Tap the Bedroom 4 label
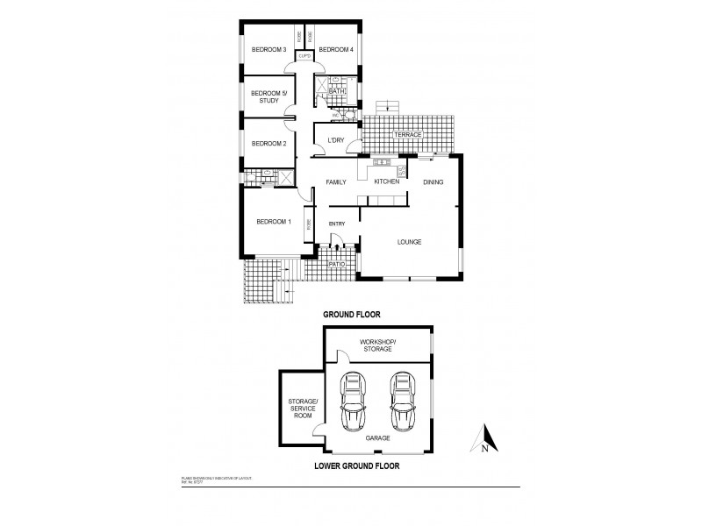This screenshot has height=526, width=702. pos(335,50)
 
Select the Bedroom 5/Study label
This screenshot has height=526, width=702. pos(269,97)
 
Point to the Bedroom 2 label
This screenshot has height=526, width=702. pos(269,144)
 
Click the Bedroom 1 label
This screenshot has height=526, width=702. pos(273,223)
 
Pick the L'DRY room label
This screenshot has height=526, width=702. pos(335,141)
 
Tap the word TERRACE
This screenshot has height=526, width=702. pos(410,135)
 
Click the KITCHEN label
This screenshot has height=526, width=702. pos(387,181)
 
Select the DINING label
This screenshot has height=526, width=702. pos(433,182)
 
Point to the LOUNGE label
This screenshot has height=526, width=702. pos(410,242)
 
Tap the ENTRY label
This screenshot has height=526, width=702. pos(337,224)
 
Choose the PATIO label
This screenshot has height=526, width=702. pos(336,262)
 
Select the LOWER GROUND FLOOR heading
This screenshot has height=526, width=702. pos(357,467)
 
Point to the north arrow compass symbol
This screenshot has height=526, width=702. pos(484,438)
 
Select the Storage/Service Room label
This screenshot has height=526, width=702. pos(301,410)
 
